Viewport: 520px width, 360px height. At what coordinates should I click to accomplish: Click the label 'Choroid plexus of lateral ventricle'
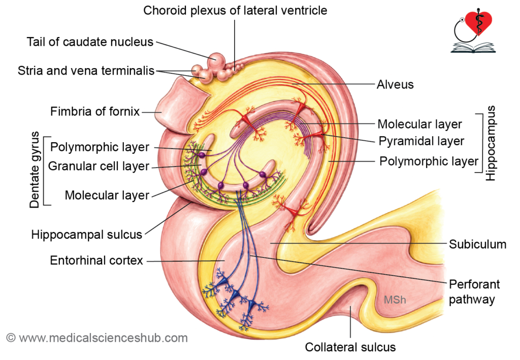click(x=235, y=11)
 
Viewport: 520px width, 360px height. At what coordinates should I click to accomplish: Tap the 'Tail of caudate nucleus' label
click(x=90, y=42)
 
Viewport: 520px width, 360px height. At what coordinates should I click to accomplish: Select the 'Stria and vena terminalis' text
click(x=86, y=71)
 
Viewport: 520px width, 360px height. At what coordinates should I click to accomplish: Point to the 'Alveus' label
click(x=395, y=84)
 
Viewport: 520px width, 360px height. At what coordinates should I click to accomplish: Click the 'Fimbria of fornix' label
click(x=95, y=111)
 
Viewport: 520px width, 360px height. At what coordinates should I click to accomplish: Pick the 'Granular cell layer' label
click(x=99, y=166)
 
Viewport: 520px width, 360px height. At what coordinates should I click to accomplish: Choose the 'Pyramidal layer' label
click(x=421, y=141)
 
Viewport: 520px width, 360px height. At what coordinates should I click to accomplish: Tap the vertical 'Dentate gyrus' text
click(x=35, y=170)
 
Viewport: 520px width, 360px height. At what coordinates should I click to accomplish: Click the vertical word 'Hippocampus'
click(x=491, y=143)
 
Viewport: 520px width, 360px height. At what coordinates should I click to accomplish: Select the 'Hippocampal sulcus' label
click(x=86, y=235)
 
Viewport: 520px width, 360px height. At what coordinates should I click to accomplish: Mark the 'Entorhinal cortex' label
click(x=96, y=260)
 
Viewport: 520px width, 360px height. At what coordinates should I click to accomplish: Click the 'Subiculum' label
click(x=477, y=244)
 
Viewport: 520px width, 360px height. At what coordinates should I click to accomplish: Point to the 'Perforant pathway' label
click(x=474, y=292)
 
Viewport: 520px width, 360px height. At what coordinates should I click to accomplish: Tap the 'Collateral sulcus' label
click(x=350, y=347)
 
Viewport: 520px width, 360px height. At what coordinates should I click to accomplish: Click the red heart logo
click(x=478, y=23)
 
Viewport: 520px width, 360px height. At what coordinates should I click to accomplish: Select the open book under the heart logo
click(x=473, y=47)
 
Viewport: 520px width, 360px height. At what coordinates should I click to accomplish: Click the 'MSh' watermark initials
click(x=395, y=300)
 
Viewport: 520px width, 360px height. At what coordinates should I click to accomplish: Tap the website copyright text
click(x=97, y=338)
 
